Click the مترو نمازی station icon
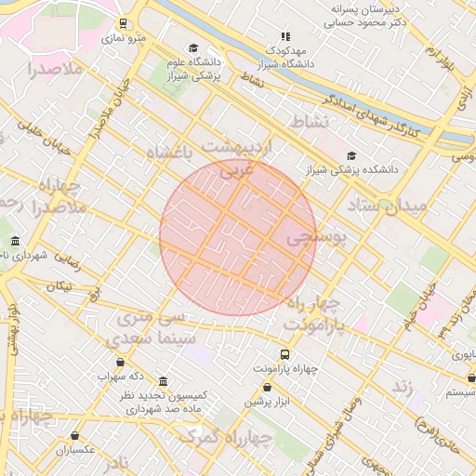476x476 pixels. pos(124,23)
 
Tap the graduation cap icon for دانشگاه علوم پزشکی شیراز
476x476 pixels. pos(193,48)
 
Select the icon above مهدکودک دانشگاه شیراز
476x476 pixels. pos(285,36)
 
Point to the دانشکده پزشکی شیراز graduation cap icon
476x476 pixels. pos(351,156)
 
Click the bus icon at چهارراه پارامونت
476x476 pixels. pos(284,354)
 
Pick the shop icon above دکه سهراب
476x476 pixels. pos(120,363)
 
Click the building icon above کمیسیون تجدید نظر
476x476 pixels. pos(164,381)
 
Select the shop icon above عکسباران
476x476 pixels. pos(75,435)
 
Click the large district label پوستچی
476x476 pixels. pos(315,238)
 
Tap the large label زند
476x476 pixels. pos(402,385)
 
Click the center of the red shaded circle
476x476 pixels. pos(238,237)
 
